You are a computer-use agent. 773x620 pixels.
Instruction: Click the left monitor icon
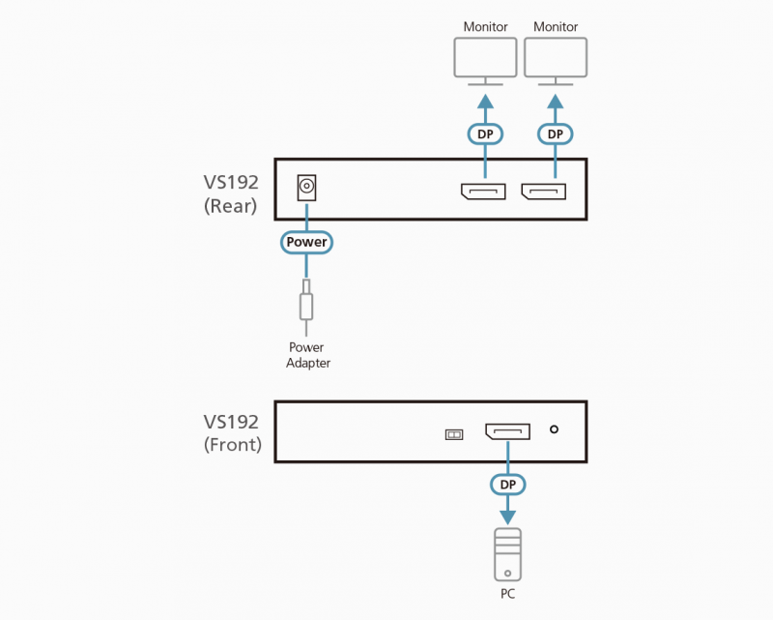[485, 60]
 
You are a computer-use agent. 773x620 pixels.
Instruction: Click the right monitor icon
[555, 60]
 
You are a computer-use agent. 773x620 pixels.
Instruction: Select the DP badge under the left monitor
[485, 133]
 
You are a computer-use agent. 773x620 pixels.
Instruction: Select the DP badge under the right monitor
[555, 133]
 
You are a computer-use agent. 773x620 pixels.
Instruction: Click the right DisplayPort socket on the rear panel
[543, 192]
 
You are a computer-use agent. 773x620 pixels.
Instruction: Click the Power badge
[307, 241]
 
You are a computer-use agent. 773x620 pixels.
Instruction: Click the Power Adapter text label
[307, 355]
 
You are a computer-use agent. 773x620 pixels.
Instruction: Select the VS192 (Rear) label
[230, 192]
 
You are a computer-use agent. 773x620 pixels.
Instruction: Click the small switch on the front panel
[453, 434]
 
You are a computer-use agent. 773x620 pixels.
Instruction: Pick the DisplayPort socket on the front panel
[507, 431]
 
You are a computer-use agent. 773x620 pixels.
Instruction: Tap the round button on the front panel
[555, 430]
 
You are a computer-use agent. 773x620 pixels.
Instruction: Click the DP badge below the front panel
[507, 482]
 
